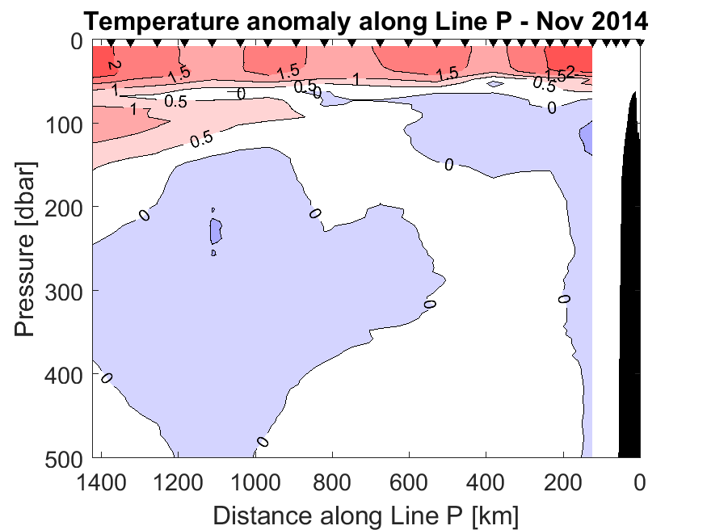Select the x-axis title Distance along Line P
click(365, 514)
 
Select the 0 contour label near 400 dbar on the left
click(106, 377)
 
